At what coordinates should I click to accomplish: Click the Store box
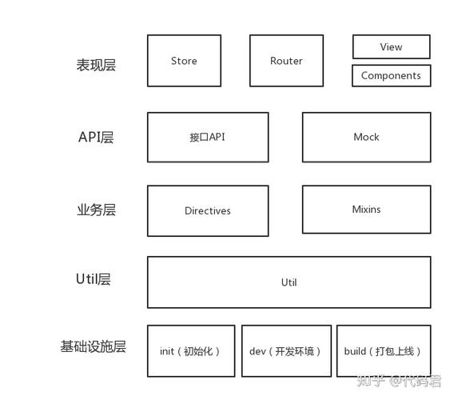pyautogui.click(x=184, y=61)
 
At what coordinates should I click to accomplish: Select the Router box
pyautogui.click(x=286, y=61)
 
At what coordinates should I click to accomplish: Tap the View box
pyautogui.click(x=391, y=46)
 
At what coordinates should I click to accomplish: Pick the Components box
pyautogui.click(x=391, y=76)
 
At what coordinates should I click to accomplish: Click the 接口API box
pyautogui.click(x=207, y=137)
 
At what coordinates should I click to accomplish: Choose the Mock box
pyautogui.click(x=366, y=137)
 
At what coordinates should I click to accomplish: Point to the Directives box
pyautogui.click(x=207, y=211)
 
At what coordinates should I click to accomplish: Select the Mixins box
pyautogui.click(x=366, y=210)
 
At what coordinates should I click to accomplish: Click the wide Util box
pyautogui.click(x=289, y=282)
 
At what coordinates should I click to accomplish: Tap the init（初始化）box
pyautogui.click(x=190, y=351)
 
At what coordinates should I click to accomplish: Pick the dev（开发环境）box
pyautogui.click(x=285, y=351)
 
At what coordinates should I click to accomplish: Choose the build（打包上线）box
pyautogui.click(x=383, y=351)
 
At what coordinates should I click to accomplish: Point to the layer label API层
pyautogui.click(x=96, y=137)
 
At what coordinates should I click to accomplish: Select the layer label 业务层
pyautogui.click(x=96, y=210)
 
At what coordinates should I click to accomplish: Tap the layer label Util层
pyautogui.click(x=93, y=279)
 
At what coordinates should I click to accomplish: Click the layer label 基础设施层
pyautogui.click(x=93, y=347)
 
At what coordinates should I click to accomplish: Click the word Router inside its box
pyautogui.click(x=286, y=61)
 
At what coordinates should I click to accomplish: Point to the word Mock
pyautogui.click(x=366, y=137)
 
